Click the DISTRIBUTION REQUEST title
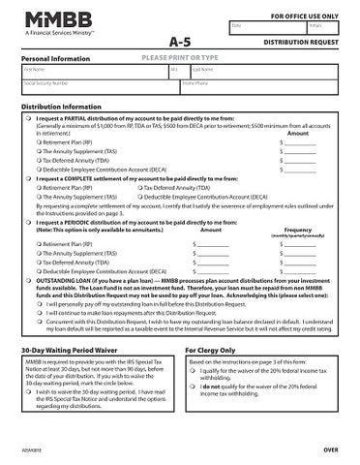click(300, 45)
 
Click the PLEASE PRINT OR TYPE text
click(181, 58)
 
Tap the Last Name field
click(261, 74)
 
